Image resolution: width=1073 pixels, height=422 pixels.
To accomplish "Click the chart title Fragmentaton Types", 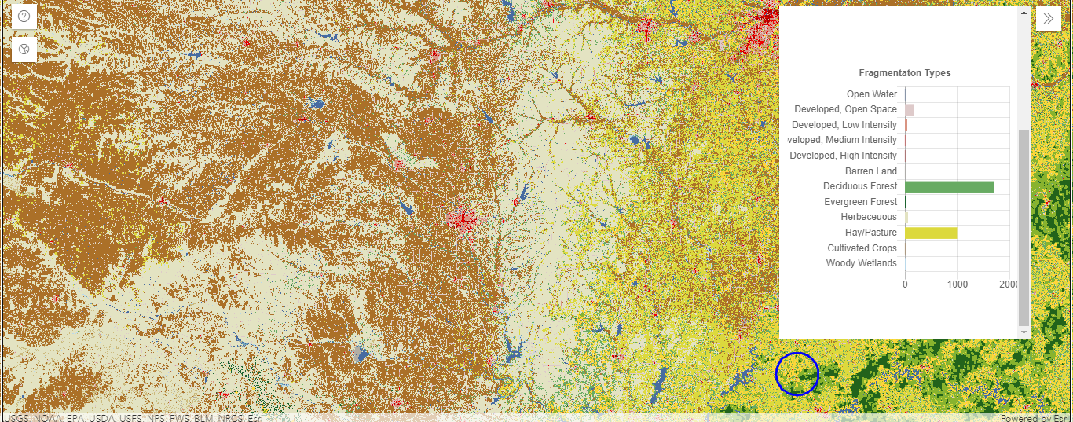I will (904, 73).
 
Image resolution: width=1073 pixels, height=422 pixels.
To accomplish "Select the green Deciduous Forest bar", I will (949, 187).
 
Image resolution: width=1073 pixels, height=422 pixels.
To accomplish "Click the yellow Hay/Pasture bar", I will (931, 233).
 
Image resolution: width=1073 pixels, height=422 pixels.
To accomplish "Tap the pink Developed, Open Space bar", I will (909, 110).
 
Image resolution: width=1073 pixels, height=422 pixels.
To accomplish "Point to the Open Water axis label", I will (871, 94).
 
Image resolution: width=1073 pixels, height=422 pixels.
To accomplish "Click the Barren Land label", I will (870, 171).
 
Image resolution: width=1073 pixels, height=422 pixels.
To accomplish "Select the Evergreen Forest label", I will (860, 202).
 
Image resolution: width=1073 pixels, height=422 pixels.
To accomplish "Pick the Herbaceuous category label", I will (868, 217).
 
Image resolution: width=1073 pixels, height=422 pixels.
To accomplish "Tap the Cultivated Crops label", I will (862, 248).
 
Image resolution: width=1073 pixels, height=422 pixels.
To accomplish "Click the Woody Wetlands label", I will (861, 263).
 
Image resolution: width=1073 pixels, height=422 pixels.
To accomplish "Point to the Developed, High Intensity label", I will (843, 156).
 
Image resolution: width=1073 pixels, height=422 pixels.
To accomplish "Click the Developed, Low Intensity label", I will (844, 125).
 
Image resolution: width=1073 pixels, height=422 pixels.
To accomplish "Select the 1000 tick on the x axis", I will (957, 284).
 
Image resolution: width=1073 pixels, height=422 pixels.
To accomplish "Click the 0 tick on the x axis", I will (905, 284).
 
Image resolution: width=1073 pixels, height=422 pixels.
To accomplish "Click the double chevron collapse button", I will (1048, 18).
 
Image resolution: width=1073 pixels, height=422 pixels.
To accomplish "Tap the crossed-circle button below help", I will (24, 50).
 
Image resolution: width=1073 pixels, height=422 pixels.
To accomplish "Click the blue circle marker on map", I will (797, 374).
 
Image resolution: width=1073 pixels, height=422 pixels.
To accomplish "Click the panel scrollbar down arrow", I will (1023, 333).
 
